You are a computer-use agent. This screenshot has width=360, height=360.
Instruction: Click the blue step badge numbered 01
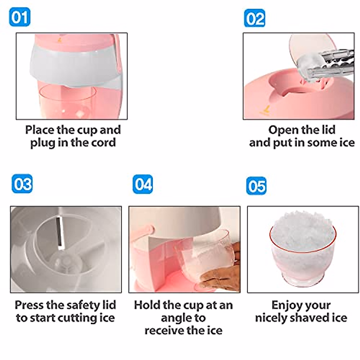point(19,17)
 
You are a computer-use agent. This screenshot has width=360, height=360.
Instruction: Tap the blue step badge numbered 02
point(254,18)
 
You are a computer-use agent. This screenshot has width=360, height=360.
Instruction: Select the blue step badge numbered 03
point(22,184)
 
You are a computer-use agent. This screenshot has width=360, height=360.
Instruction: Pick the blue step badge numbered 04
point(143,184)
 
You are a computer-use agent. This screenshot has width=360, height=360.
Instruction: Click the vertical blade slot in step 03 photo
point(59,232)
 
